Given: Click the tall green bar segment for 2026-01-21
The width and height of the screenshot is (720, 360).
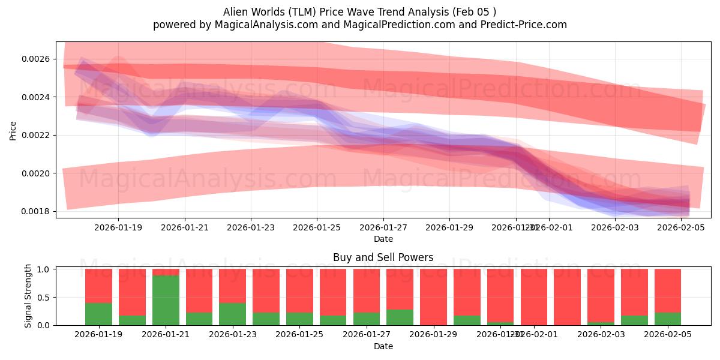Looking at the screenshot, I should click(166, 300).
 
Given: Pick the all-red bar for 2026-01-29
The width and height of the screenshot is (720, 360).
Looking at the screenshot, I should click(433, 297).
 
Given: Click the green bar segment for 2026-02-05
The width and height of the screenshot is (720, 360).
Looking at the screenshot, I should click(667, 319).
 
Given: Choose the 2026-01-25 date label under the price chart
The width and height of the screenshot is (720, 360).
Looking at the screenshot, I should click(317, 227).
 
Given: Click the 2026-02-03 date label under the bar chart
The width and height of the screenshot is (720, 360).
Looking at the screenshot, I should click(600, 334).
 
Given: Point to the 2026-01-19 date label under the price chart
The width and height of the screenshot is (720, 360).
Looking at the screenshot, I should click(118, 227).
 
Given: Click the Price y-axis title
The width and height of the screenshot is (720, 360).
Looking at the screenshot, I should click(13, 130).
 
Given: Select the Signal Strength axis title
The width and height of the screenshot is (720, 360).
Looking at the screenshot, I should click(28, 296).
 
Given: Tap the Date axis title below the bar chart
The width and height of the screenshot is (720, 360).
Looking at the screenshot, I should click(383, 346).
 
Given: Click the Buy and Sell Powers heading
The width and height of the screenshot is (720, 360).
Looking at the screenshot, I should click(383, 257).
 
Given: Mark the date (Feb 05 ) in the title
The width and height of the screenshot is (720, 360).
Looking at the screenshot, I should click(474, 12).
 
